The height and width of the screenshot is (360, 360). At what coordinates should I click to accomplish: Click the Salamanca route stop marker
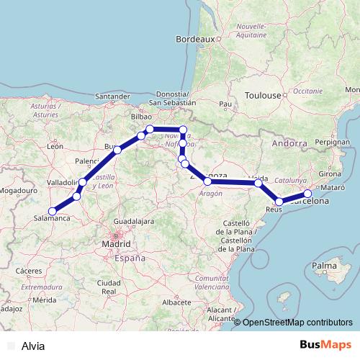click(51, 211)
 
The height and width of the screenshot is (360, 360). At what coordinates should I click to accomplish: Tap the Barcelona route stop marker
click(308, 193)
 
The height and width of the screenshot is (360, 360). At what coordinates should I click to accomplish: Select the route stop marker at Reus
click(279, 202)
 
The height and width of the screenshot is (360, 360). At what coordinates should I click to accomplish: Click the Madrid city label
click(116, 244)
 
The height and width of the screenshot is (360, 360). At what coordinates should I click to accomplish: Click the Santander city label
click(112, 96)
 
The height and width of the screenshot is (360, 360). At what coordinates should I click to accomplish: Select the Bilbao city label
click(141, 116)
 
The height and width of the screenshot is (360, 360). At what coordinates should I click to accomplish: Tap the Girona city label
click(329, 174)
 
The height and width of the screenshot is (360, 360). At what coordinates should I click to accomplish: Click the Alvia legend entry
click(33, 346)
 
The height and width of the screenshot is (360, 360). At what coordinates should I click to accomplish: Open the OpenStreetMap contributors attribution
click(297, 322)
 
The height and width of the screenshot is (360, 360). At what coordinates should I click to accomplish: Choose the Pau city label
click(225, 104)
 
